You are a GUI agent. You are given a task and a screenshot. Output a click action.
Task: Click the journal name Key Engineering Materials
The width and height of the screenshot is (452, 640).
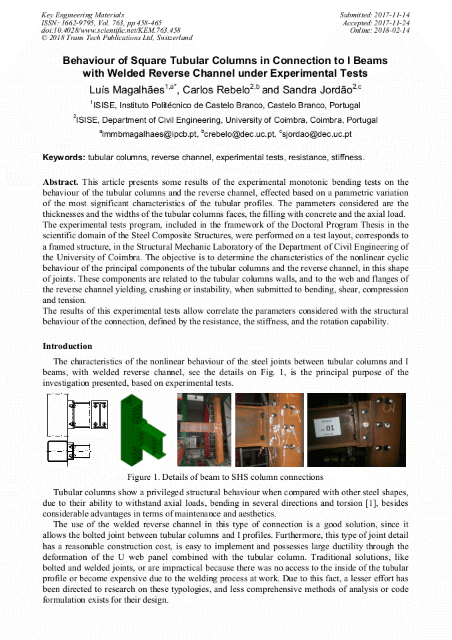click(83, 15)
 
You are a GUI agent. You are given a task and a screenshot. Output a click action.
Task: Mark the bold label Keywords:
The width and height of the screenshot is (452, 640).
click(64, 157)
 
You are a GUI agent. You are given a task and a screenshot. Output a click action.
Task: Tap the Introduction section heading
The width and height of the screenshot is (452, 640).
click(67, 346)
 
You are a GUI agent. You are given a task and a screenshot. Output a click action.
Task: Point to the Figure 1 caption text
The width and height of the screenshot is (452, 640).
click(225, 477)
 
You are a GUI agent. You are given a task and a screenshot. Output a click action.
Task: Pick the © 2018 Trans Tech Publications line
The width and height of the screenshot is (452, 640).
click(117, 39)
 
